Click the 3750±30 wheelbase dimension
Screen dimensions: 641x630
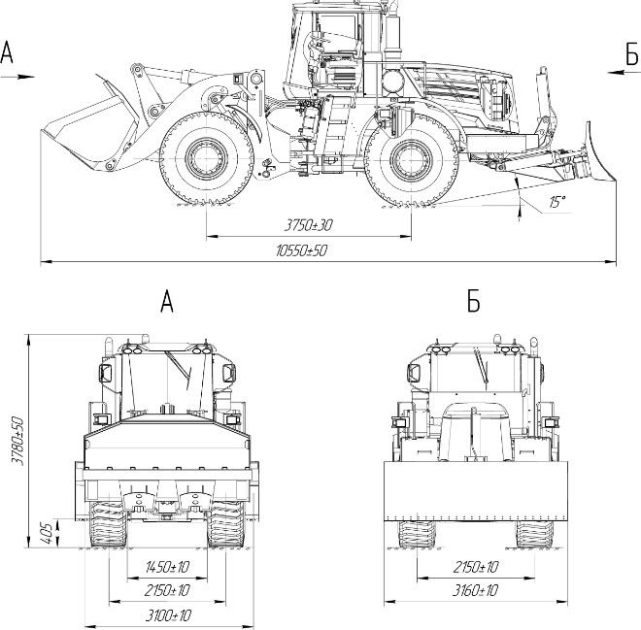coord(309,224)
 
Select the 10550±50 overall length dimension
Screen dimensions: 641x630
coord(302,250)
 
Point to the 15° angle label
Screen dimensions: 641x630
coord(557,201)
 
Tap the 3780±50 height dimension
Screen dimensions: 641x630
coord(17,441)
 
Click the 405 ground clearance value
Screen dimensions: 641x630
coord(47,533)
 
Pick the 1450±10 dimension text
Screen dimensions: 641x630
coord(167,567)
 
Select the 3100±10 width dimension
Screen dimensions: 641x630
coord(168,615)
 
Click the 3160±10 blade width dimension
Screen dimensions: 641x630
coord(475,590)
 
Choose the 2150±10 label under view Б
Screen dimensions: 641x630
coord(476,567)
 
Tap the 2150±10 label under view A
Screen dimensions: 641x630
coord(167,590)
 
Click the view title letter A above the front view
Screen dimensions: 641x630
coord(167,302)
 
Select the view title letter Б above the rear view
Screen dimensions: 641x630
coord(473,302)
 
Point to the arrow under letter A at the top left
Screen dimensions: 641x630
coord(17,77)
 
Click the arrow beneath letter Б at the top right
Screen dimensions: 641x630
coord(624,72)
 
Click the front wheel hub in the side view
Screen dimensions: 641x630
coord(207,158)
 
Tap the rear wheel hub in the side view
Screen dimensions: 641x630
coord(411,159)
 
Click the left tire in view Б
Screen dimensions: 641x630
coord(417,535)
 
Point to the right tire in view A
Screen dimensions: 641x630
coord(225,525)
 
